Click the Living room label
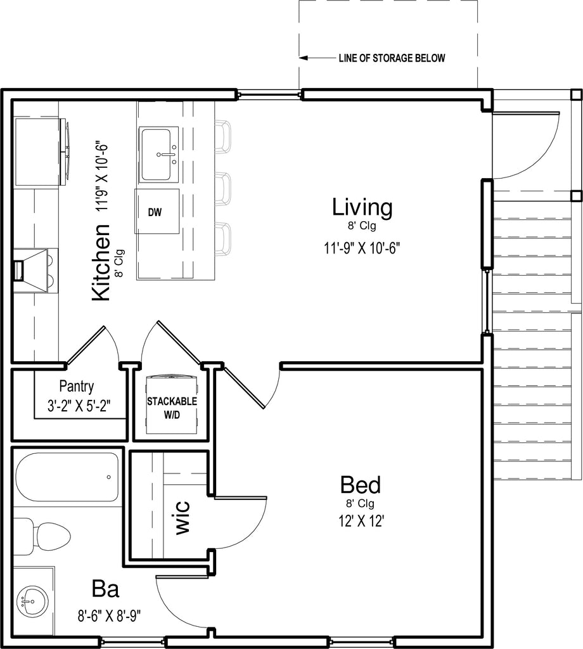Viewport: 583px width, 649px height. click(362, 207)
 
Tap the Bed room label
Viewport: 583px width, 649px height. click(361, 485)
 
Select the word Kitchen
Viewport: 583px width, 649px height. click(101, 262)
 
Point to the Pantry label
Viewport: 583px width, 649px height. click(77, 386)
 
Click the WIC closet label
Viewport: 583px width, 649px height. click(183, 517)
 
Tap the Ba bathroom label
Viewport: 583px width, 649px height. click(106, 589)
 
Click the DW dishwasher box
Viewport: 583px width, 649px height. click(157, 212)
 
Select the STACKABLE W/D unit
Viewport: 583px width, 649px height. click(172, 404)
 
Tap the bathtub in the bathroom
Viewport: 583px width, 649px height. click(67, 477)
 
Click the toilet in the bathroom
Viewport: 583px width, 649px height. click(44, 536)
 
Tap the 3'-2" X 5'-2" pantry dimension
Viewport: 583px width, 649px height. click(79, 406)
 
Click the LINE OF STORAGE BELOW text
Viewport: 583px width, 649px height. click(392, 58)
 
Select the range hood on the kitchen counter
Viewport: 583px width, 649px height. click(36, 270)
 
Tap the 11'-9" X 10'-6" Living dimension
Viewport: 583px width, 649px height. click(362, 248)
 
